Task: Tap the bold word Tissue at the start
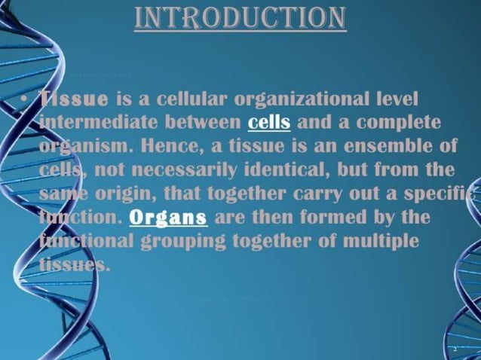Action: (73, 99)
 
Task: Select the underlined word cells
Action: (269, 120)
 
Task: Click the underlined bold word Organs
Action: (168, 218)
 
